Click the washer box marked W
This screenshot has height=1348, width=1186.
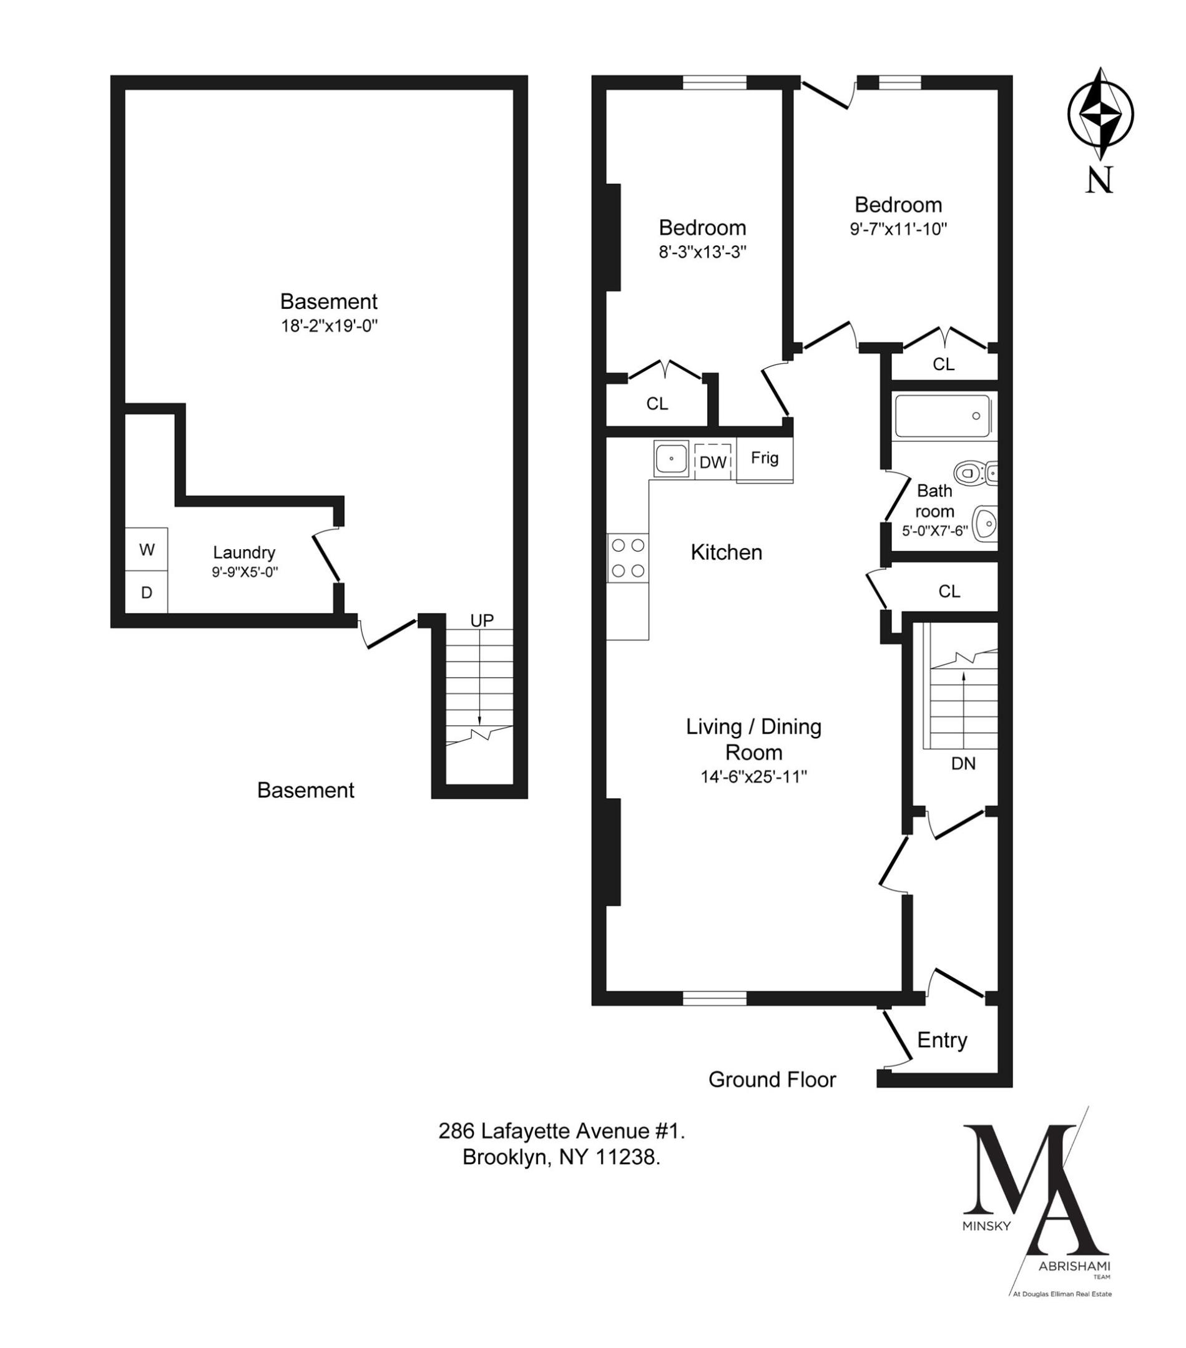coord(146,549)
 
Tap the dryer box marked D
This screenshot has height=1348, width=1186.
coord(146,592)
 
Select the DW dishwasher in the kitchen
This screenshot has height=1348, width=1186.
coord(712,462)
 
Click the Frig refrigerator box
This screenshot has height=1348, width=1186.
coord(765,458)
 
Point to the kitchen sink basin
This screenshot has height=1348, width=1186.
coord(671,457)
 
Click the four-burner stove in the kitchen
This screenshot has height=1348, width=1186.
coord(627,557)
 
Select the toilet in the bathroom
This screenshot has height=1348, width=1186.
coord(971,472)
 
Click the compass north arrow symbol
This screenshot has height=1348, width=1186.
coord(1100,114)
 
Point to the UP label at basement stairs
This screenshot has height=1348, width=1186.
coord(481,620)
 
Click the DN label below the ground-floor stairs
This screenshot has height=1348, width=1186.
coord(963,763)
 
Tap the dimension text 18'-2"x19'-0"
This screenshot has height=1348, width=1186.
coord(329,326)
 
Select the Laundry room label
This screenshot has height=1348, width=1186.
coord(243,552)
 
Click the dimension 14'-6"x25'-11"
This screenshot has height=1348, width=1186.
coord(753,777)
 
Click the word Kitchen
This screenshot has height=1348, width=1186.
coord(726,552)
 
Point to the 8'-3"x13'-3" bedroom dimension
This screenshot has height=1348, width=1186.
coord(702,252)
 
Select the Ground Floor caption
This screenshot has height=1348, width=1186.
coord(772,1080)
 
